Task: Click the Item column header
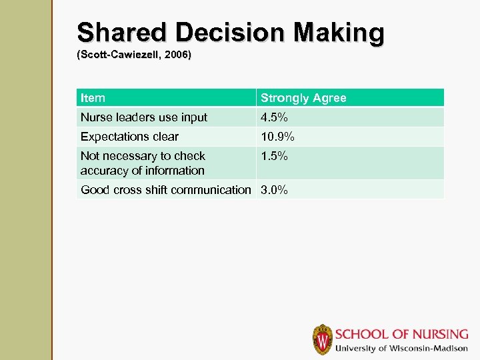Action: [93, 98]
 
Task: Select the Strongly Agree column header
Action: [303, 98]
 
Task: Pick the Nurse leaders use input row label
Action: [144, 117]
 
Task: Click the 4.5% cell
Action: [274, 117]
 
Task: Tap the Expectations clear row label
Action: [129, 137]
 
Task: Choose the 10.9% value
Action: [277, 137]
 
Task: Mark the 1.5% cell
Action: [274, 156]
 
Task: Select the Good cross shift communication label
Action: [165, 190]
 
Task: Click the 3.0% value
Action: [274, 190]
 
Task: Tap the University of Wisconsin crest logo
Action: [322, 339]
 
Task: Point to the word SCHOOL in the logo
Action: [361, 334]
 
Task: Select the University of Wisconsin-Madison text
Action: [401, 348]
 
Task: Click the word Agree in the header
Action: [329, 98]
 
